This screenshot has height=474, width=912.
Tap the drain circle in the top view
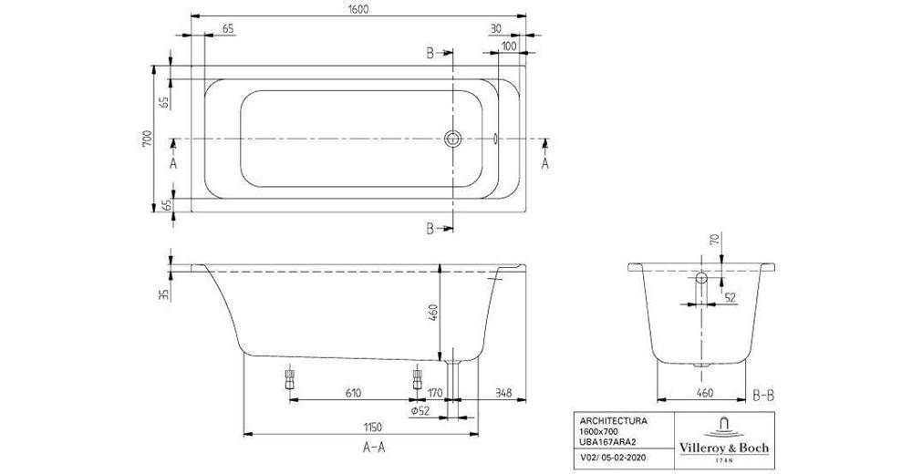tap(454, 139)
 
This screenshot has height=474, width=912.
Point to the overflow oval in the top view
tap(495, 139)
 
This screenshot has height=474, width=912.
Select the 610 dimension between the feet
tap(355, 394)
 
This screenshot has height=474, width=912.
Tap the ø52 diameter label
tap(420, 411)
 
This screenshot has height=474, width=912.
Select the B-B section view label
tap(763, 394)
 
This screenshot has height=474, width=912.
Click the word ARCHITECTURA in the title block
tap(608, 422)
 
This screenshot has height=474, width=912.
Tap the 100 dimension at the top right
tap(508, 45)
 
